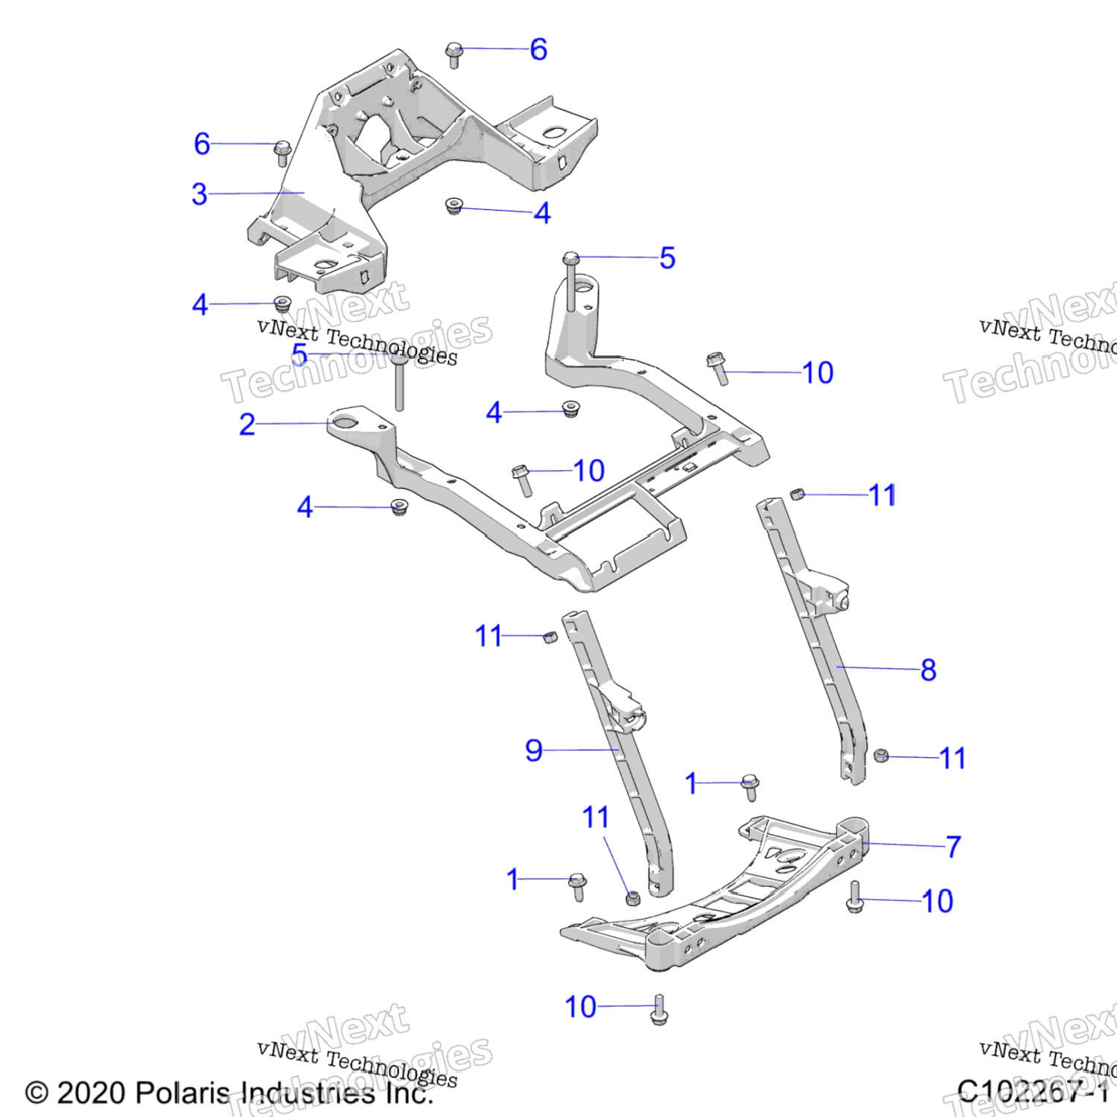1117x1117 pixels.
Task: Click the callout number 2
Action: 247,424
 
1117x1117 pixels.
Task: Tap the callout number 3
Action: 200,194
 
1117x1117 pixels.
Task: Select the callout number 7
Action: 953,847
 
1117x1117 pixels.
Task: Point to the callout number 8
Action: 928,669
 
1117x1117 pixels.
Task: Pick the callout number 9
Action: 533,750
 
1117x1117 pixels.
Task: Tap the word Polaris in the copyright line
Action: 183,1093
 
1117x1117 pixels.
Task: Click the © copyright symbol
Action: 36,1093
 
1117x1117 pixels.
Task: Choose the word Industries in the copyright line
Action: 308,1093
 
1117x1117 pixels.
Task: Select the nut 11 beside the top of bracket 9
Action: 550,637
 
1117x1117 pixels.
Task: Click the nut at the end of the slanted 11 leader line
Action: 633,898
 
